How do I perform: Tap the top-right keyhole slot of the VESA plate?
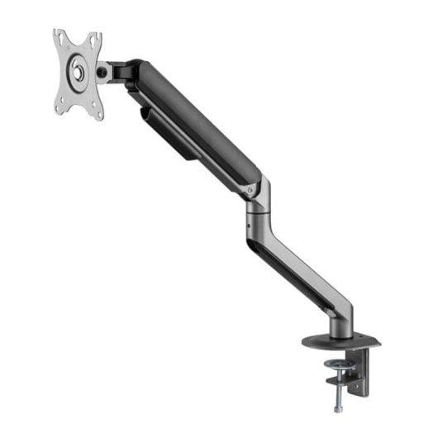[x=94, y=39]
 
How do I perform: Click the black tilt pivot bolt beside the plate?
[x=102, y=73]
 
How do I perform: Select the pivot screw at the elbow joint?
[x=252, y=189]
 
